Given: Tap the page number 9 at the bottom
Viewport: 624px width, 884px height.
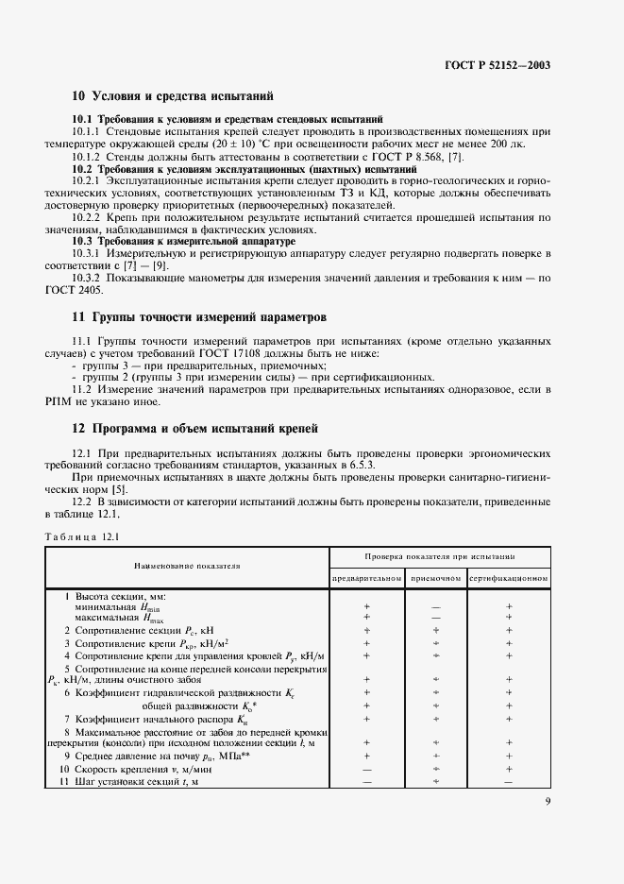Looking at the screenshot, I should [548, 804].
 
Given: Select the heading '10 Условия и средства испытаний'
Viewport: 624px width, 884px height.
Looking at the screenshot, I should [173, 96].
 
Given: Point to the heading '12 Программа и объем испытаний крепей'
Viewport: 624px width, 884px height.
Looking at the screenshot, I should [195, 429].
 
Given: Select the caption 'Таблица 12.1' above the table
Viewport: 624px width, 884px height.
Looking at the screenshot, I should [81, 537].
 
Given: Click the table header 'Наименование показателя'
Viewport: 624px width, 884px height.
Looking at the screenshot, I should [187, 566].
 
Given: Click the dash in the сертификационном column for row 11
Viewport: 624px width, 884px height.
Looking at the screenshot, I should [509, 783].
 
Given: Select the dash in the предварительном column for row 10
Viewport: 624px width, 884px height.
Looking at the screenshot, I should [367, 770].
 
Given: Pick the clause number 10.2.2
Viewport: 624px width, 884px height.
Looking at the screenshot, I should [87, 217].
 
